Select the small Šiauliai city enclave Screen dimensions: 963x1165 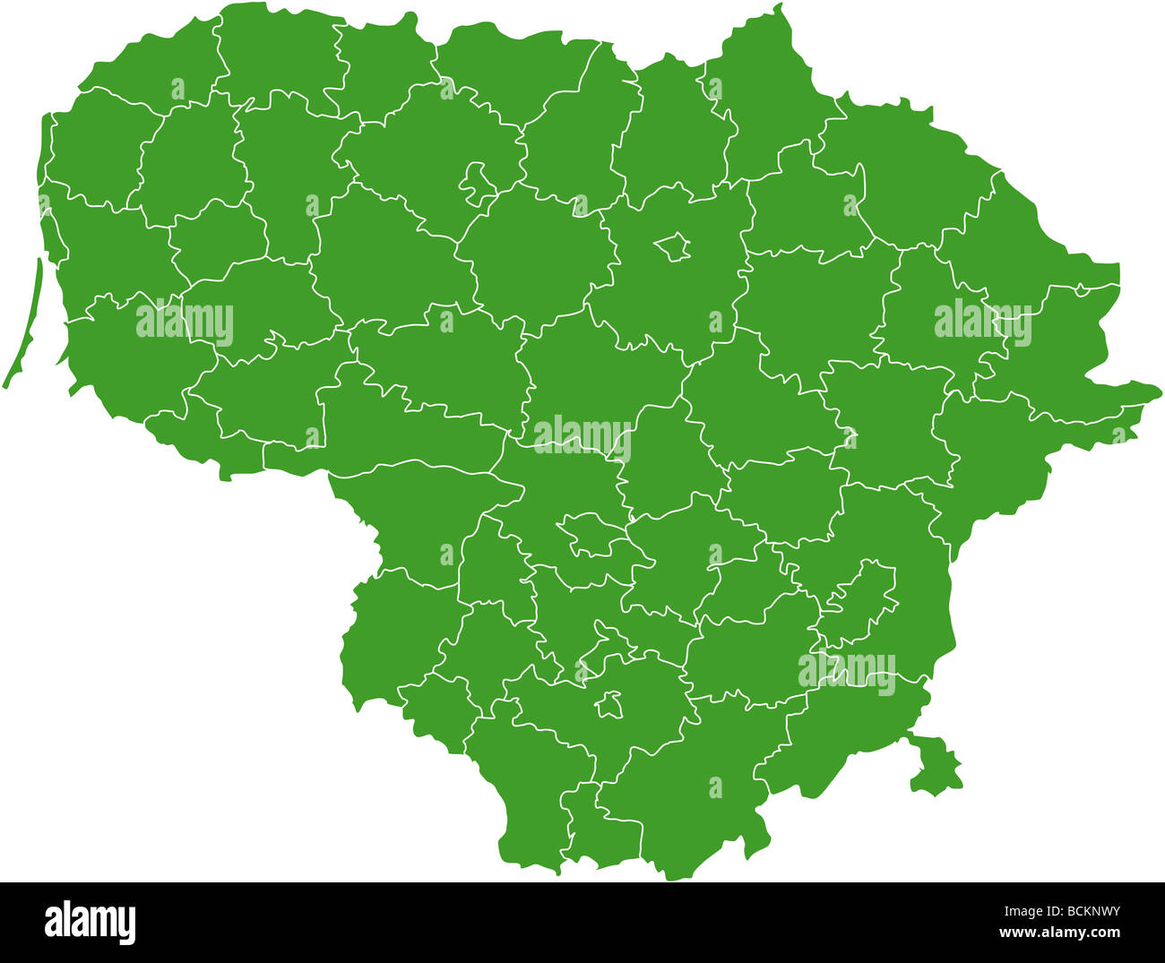coord(475,179)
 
